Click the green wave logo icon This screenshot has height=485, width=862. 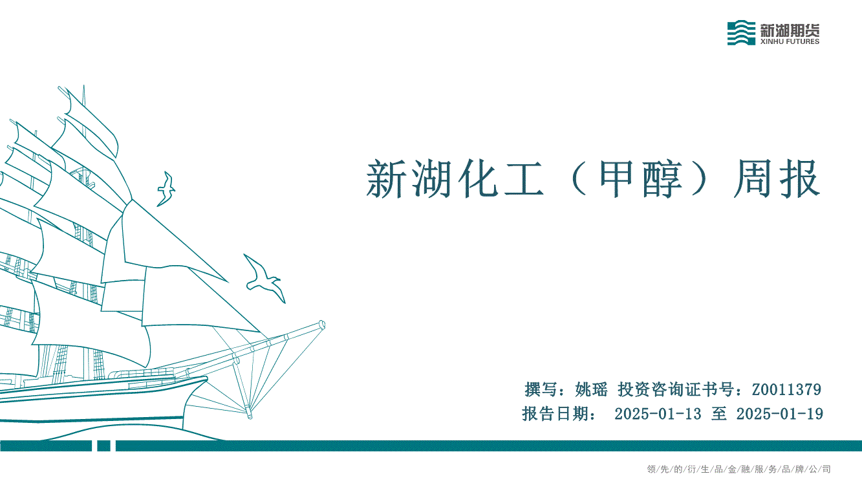741,33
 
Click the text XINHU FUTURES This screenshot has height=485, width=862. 790,41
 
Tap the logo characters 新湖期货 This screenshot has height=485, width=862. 790,29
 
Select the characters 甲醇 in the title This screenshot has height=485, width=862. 640,179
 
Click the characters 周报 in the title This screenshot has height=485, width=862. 777,179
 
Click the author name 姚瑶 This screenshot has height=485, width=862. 591,389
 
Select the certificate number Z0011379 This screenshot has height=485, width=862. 786,389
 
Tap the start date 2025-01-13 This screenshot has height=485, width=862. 658,414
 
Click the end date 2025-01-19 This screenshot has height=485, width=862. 780,414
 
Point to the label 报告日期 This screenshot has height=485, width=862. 555,414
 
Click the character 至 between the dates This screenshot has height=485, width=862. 719,414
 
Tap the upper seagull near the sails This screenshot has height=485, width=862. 166,189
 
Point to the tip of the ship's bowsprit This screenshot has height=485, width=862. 323,325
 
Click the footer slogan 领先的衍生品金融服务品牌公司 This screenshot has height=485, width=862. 739,469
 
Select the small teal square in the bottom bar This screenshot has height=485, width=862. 103,446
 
